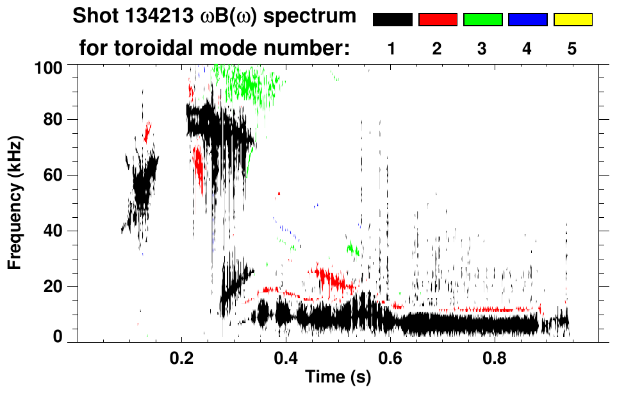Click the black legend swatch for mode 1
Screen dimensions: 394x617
point(393,20)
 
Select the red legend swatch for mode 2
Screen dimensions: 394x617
point(438,20)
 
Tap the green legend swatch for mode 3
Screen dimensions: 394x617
point(482,20)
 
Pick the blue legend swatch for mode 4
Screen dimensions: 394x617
point(527,20)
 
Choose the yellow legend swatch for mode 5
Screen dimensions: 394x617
point(572,20)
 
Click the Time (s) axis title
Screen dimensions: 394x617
point(337,378)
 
